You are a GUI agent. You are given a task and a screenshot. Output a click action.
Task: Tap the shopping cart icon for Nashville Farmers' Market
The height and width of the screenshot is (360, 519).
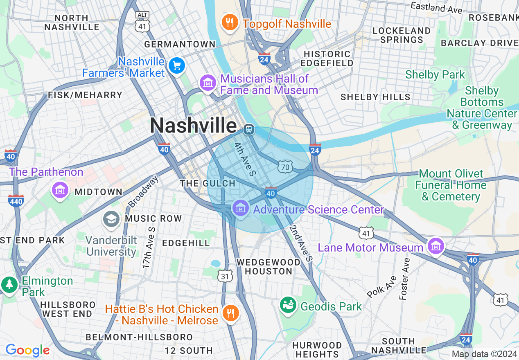tap(177, 66)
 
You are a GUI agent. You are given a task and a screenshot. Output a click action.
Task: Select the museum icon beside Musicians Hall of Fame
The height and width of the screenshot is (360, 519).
tap(208, 83)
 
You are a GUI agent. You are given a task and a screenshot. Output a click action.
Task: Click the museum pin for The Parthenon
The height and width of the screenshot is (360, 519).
tap(60, 190)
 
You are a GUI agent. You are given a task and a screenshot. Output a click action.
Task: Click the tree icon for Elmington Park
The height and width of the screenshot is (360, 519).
tap(9, 284)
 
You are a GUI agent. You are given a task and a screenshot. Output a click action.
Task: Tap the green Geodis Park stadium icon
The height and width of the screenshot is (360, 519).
tap(288, 305)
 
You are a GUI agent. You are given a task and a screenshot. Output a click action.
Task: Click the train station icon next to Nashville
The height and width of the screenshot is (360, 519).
tap(248, 130)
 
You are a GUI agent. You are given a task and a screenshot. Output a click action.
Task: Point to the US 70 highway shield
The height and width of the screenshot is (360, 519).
tap(285, 166)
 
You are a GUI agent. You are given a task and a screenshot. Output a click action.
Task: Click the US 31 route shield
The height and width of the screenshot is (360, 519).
tap(225, 277)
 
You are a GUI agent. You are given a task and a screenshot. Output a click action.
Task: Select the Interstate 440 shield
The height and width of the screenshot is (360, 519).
tap(16, 200)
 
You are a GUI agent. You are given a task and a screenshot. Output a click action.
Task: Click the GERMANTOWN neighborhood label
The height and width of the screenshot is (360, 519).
tap(180, 44)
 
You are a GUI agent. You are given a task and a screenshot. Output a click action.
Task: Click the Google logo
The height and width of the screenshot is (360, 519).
tap(28, 350)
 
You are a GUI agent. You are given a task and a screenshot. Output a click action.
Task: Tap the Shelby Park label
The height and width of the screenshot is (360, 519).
tap(435, 75)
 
